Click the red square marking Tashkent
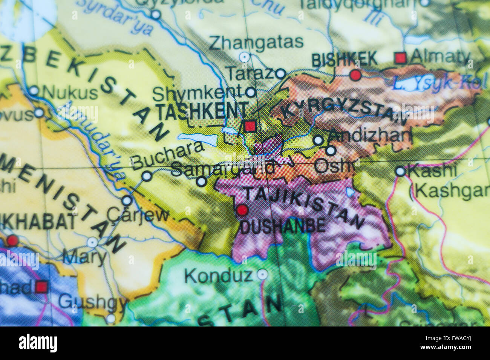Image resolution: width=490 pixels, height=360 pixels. pos(250,126)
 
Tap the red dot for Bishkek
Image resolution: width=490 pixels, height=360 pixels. pos(355,75)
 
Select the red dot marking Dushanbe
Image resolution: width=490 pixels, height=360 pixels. pos(242,210)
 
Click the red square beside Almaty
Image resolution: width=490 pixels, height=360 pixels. pos(400,58)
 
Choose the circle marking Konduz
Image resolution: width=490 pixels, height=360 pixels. pos(262,275)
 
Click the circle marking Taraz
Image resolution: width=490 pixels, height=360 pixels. pos(280,73)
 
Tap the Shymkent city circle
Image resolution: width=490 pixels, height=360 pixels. pos(250,92)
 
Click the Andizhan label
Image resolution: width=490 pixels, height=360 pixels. pos(370,136)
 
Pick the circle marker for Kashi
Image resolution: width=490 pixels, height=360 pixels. pos(400,172)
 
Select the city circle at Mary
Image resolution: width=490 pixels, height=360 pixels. pos(93,242)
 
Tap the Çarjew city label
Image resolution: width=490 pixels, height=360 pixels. pos(138,215)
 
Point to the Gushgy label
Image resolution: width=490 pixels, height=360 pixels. pos(92,302)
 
